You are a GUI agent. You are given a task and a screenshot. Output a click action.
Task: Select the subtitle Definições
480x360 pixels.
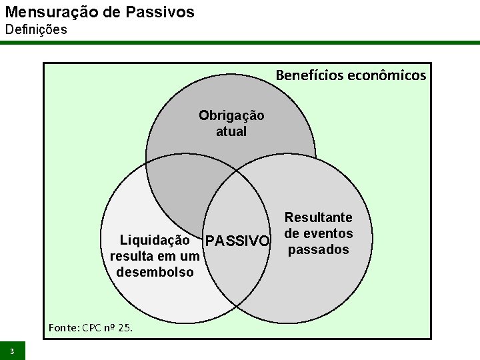coord(36,30)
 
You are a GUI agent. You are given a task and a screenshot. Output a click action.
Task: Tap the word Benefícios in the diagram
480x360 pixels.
coord(310,75)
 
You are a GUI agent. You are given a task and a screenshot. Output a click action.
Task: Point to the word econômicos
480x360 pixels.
coord(387,75)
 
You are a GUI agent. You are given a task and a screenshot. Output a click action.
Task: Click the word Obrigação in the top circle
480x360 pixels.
coord(231,115)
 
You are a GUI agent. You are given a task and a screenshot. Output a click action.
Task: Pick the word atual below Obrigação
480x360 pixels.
coord(231,131)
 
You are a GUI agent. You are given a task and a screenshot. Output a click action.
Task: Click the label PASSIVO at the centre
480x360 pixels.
coord(238,241)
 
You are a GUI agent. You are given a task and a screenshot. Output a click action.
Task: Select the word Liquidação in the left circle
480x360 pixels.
coord(155,240)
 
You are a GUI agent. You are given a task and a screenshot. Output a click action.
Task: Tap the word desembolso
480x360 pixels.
coord(155,272)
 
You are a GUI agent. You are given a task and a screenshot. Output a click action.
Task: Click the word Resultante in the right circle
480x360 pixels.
coord(319,217)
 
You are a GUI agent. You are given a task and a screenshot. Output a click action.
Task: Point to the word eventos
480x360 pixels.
coord(327,233)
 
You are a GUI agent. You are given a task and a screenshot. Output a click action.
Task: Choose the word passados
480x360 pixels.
coord(319,249)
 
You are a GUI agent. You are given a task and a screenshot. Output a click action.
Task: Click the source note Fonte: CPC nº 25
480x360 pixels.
coord(91,327)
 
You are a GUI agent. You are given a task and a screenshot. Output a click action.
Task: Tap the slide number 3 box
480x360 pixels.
coord(12,351)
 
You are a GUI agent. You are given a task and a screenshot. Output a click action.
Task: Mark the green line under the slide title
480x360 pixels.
coord(240,43)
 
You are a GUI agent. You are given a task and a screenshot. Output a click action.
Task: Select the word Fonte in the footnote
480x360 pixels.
coord(63,327)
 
